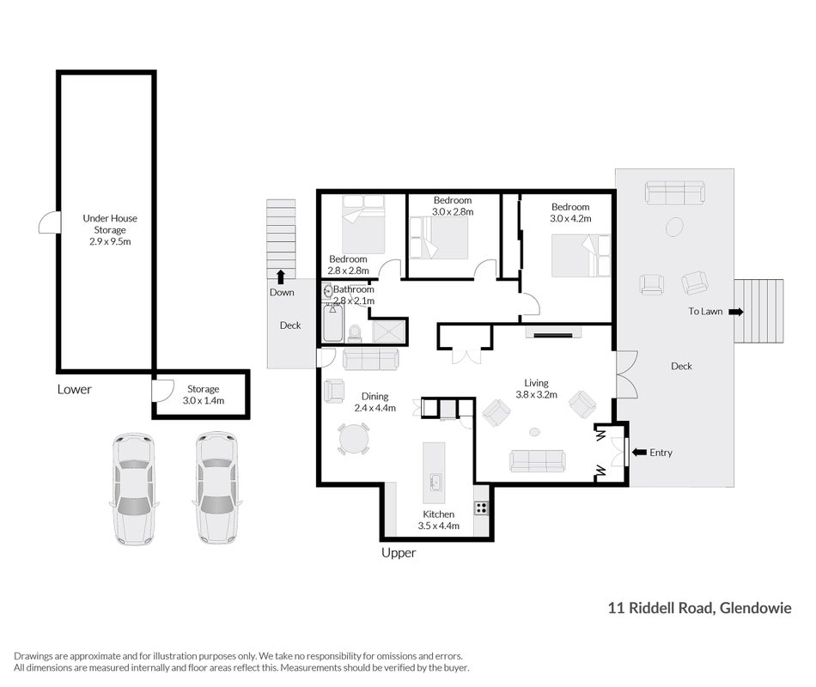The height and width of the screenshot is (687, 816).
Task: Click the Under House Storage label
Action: click(110, 229)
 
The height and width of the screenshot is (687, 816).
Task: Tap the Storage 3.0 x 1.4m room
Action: click(203, 394)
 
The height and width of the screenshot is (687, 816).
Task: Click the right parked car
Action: click(217, 488)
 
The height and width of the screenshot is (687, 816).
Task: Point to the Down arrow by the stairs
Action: click(281, 277)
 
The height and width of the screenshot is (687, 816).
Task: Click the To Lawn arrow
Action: click(736, 313)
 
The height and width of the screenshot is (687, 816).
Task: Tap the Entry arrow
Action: click(639, 453)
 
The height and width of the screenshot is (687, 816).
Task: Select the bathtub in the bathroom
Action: click(332, 323)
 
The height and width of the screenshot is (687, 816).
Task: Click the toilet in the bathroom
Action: click(355, 333)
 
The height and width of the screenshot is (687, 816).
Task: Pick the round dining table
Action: click(354, 440)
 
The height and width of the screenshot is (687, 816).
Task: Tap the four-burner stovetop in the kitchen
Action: click(481, 508)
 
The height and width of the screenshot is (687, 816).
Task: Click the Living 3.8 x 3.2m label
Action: click(537, 389)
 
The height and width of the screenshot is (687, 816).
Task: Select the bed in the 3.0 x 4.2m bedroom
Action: click(581, 256)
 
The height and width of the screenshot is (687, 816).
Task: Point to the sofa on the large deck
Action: click(674, 192)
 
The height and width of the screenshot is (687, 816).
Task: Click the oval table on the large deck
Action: click(674, 227)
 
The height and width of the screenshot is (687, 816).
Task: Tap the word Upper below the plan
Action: click(399, 553)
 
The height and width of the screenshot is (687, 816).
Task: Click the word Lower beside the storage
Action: click(75, 389)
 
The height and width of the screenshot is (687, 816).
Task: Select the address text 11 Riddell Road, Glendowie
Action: click(699, 608)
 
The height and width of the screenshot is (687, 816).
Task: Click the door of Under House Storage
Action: click(49, 222)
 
